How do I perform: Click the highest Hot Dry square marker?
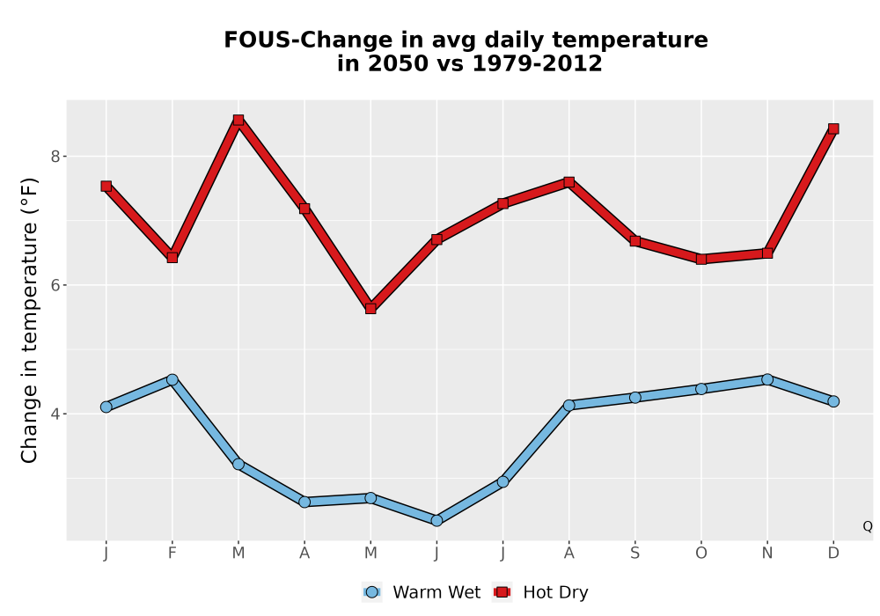238,120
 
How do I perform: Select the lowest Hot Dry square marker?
370,309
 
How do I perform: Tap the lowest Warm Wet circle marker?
436,521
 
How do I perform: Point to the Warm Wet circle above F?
172,380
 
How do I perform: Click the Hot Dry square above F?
172,258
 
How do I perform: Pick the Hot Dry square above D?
833,129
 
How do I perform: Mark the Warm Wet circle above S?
635,398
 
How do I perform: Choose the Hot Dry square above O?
701,260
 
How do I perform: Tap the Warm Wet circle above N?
767,380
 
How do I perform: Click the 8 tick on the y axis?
55,157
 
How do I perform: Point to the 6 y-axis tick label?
55,285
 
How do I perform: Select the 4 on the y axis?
55,414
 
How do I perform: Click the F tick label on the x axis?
172,554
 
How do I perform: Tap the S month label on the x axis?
635,554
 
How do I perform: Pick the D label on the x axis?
833,554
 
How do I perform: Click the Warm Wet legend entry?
422,592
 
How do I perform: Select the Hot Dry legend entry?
540,592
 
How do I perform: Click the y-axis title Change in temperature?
29,320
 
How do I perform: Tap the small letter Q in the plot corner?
868,526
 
